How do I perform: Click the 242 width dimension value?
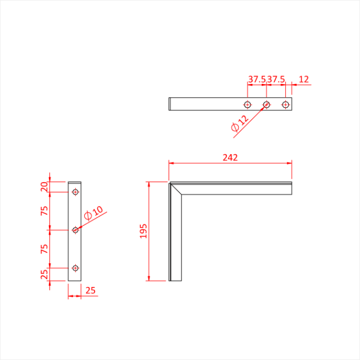tap(230, 157)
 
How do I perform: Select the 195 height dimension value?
tap(143, 231)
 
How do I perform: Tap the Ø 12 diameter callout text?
tap(240, 123)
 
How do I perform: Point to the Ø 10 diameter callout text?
tap(93, 213)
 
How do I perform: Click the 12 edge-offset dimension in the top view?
tap(304, 79)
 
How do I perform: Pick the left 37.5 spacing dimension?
tap(257, 79)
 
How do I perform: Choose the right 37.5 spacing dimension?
tap(276, 79)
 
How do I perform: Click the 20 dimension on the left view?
tap(44, 187)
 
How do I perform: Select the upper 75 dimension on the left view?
tap(44, 210)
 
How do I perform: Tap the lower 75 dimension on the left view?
tap(44, 248)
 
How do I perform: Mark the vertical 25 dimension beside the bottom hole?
tap(44, 275)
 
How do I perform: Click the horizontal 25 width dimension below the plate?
tap(91, 291)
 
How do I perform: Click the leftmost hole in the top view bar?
tap(247, 104)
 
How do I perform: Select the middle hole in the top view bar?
tap(266, 104)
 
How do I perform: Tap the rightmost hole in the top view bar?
tap(285, 104)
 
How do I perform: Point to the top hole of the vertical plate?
tap(76, 192)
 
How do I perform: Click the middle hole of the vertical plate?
tap(76, 230)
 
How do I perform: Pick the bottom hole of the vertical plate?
tap(76, 268)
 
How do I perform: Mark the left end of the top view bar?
tap(170, 104)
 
